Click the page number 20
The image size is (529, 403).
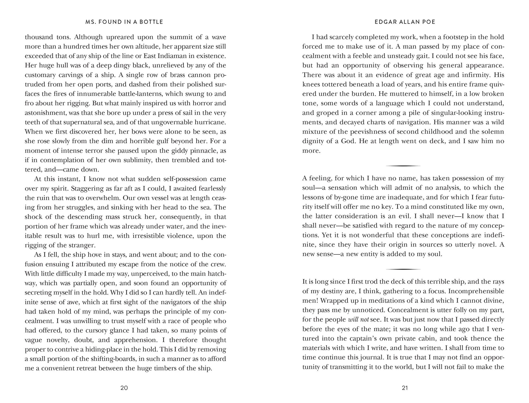tap(124, 388)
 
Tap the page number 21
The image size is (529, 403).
tap(405, 388)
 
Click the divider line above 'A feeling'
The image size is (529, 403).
tap(403, 166)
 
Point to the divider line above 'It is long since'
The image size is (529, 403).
tap(403, 269)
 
